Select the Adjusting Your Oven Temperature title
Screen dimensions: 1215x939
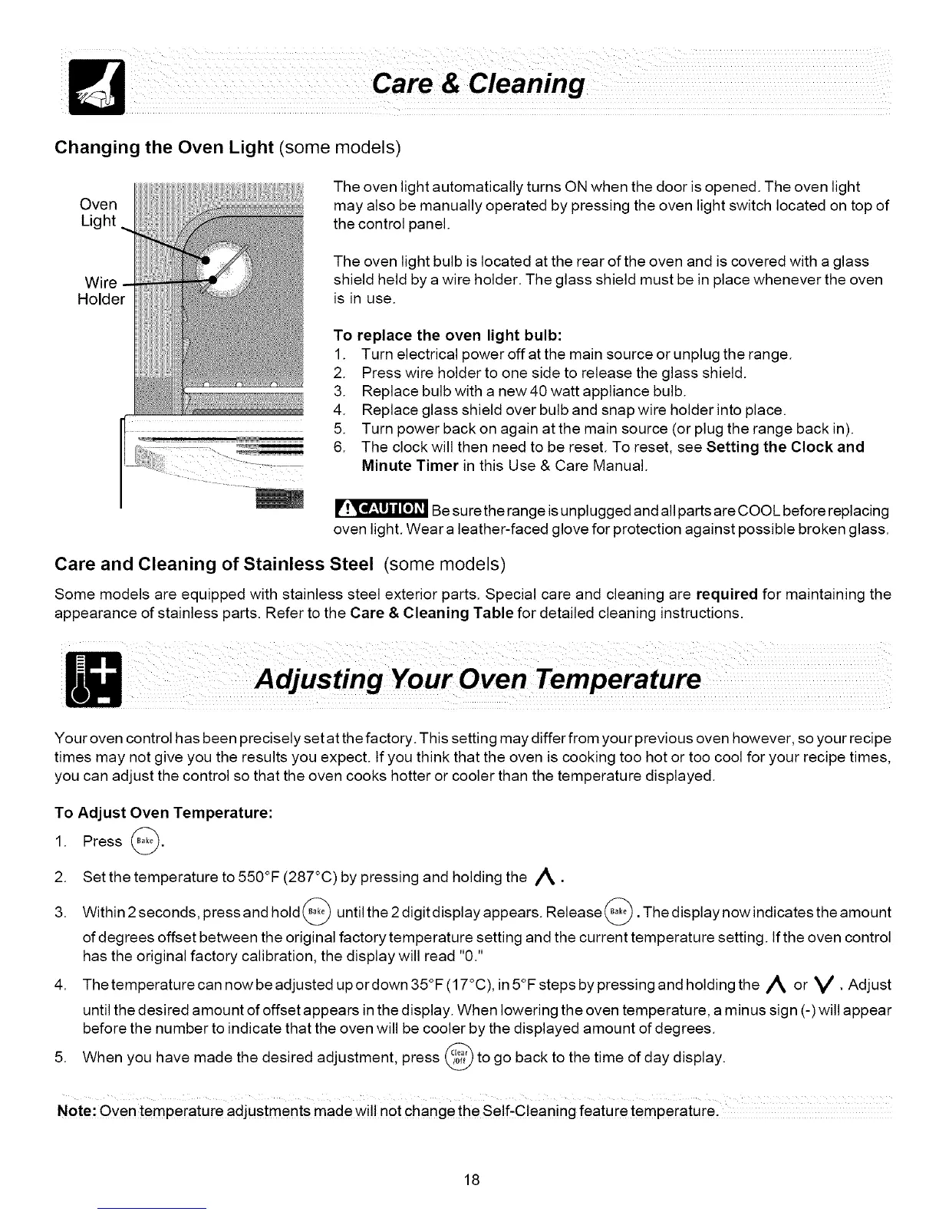click(478, 680)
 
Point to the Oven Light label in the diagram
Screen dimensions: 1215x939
click(99, 212)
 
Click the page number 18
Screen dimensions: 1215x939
click(471, 1180)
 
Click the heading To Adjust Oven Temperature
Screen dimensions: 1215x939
click(164, 812)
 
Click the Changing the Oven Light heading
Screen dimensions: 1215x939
click(164, 147)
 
